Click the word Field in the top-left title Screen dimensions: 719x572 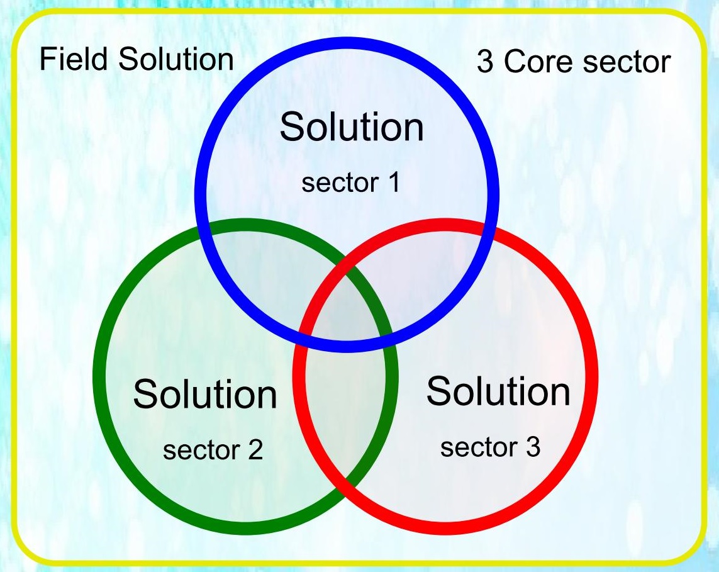pyautogui.click(x=74, y=59)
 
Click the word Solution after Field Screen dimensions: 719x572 pyautogui.click(x=176, y=59)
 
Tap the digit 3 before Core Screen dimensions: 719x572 pyautogui.click(x=485, y=62)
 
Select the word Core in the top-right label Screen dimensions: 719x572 pyautogui.click(x=539, y=62)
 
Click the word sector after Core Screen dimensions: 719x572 pyautogui.click(x=627, y=62)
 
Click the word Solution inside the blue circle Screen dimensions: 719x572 pyautogui.click(x=352, y=127)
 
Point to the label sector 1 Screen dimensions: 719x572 pyautogui.click(x=351, y=182)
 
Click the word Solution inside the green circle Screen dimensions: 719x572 pyautogui.click(x=205, y=394)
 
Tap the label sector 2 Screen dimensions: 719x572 pyautogui.click(x=213, y=449)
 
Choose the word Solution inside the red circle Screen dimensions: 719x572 pyautogui.click(x=498, y=391)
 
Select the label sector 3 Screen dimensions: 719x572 pyautogui.click(x=490, y=447)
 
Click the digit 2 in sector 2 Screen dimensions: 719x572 pyautogui.click(x=255, y=449)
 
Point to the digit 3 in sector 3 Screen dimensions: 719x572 pyautogui.click(x=533, y=447)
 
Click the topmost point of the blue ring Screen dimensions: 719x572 pyautogui.click(x=347, y=43)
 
